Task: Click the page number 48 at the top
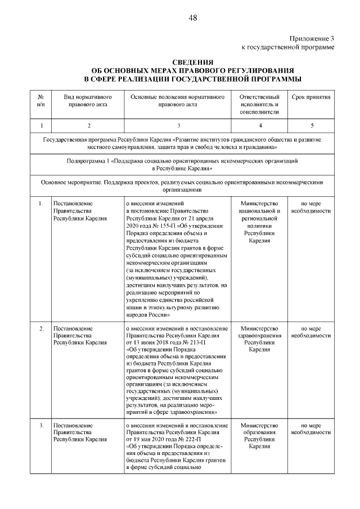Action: pos(193,18)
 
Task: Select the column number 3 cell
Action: pos(178,125)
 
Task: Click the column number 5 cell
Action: pos(311,125)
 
